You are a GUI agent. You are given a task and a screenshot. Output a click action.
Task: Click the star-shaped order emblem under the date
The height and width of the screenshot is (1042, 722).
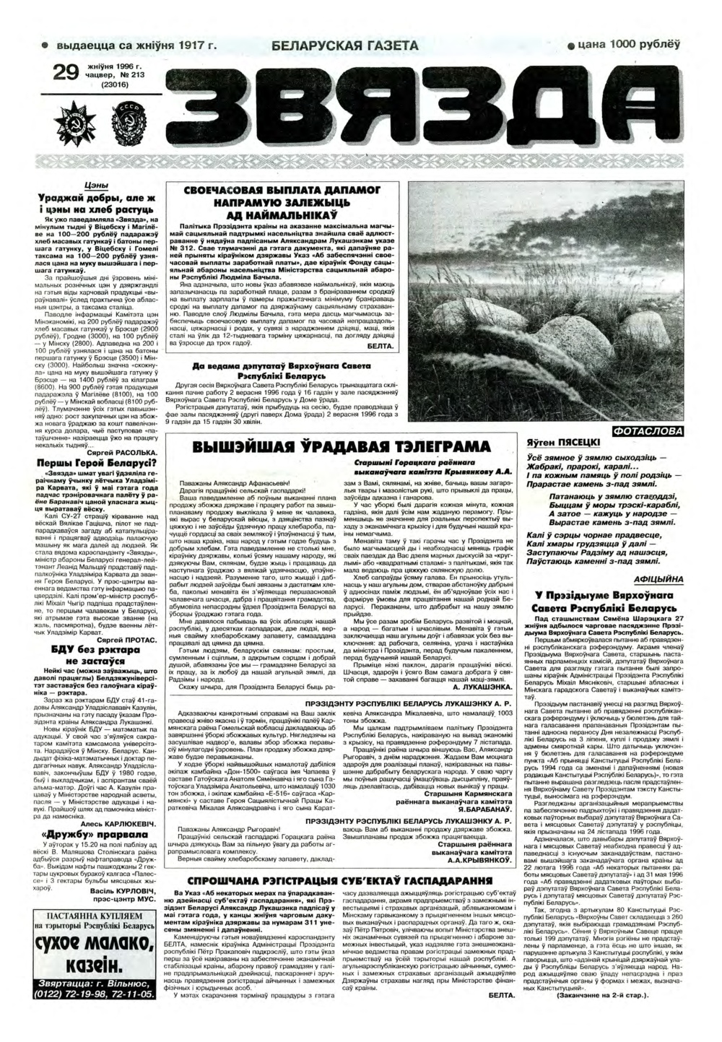[x=79, y=116]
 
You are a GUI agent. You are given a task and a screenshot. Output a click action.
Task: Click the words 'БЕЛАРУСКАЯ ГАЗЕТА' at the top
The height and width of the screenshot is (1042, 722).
[x=345, y=46]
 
